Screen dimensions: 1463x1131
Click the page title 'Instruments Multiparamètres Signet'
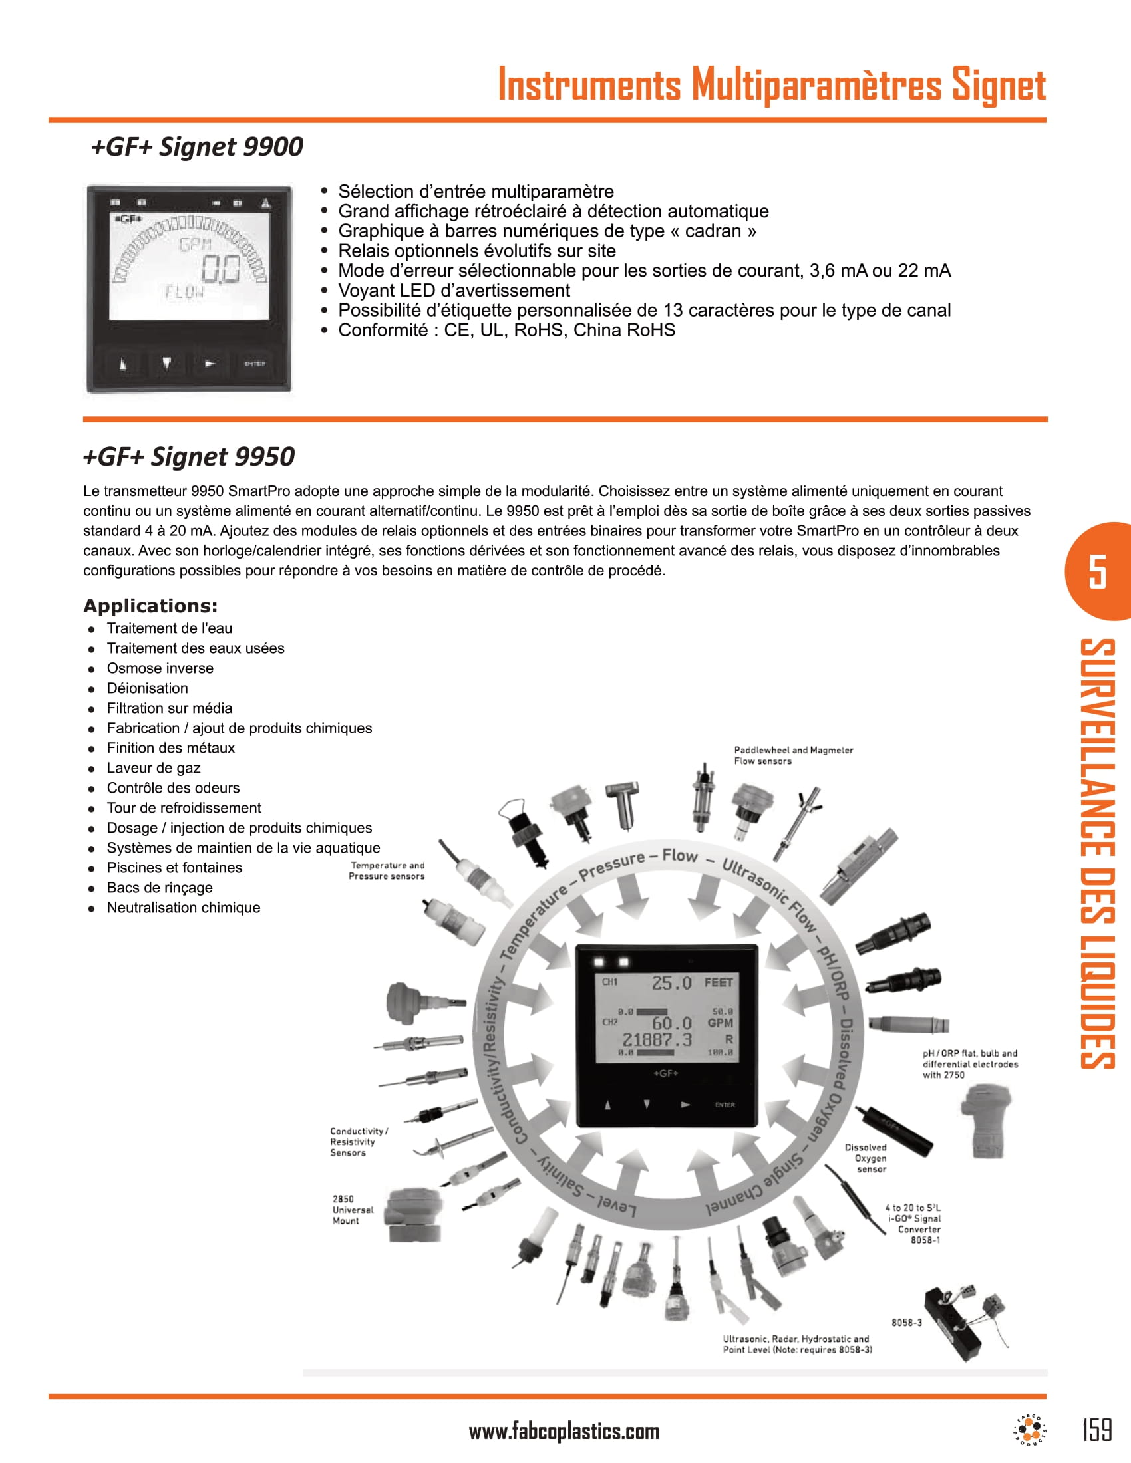[x=771, y=86]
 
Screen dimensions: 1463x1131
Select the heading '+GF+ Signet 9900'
[x=197, y=147]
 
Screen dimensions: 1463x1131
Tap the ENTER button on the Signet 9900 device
[x=255, y=364]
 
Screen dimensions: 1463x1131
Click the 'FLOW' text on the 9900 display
[x=184, y=292]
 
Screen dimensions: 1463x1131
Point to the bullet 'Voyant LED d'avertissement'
[x=454, y=291]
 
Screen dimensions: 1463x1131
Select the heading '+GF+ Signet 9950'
[x=189, y=457]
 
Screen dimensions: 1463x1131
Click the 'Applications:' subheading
[x=150, y=606]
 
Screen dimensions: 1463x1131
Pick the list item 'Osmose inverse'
[x=160, y=668]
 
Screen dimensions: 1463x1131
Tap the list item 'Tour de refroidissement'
[x=184, y=808]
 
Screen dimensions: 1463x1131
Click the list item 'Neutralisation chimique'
[x=183, y=908]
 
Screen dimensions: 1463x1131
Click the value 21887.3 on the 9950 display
[x=657, y=1039]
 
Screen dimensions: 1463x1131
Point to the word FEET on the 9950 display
[x=719, y=983]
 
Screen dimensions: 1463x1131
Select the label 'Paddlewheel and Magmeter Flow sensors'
[x=792, y=755]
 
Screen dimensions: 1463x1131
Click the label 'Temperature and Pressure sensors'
[x=387, y=871]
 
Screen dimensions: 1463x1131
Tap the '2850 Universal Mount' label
[x=353, y=1210]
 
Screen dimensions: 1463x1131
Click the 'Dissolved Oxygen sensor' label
[x=867, y=1158]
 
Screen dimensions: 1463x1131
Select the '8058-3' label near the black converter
[x=906, y=1322]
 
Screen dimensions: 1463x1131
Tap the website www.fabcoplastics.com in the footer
[x=564, y=1432]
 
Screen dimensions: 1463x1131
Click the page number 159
[x=1097, y=1430]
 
